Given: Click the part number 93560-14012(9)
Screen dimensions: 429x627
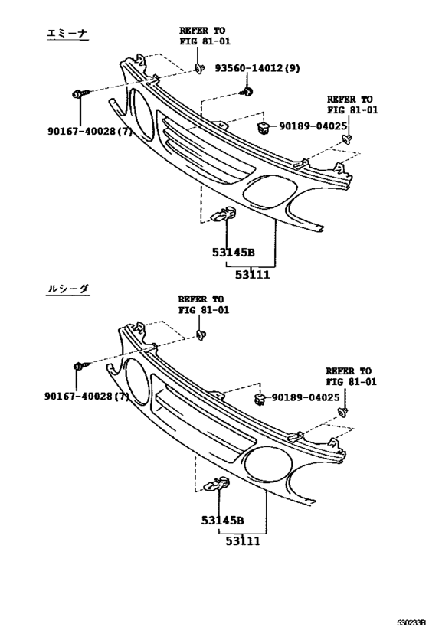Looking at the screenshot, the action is pyautogui.click(x=257, y=68).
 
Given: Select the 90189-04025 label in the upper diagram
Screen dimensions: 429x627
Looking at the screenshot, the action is pyautogui.click(x=313, y=126).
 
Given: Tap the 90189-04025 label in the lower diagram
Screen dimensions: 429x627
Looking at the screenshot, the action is pyautogui.click(x=306, y=397).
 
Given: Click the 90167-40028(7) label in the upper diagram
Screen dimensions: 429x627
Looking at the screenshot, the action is pyautogui.click(x=90, y=131).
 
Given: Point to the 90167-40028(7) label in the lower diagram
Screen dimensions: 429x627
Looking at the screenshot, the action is pyautogui.click(x=87, y=397).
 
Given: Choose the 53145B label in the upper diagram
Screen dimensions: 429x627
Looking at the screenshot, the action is pyautogui.click(x=234, y=253).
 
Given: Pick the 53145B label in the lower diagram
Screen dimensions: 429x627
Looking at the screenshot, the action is pyautogui.click(x=222, y=521).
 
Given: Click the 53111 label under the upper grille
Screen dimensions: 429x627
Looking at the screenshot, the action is pyautogui.click(x=252, y=275).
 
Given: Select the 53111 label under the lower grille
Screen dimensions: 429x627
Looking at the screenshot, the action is pyautogui.click(x=243, y=541).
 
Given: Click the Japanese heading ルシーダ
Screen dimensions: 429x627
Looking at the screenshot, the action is pyautogui.click(x=67, y=289).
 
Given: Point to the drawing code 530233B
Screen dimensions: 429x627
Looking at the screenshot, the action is pyautogui.click(x=411, y=622).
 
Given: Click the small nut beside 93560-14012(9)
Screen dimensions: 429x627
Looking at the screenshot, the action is pyautogui.click(x=247, y=92).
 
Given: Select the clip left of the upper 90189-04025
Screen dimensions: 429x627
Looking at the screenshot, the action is pyautogui.click(x=263, y=128).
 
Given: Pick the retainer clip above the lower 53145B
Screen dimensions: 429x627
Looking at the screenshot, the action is pyautogui.click(x=217, y=485).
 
